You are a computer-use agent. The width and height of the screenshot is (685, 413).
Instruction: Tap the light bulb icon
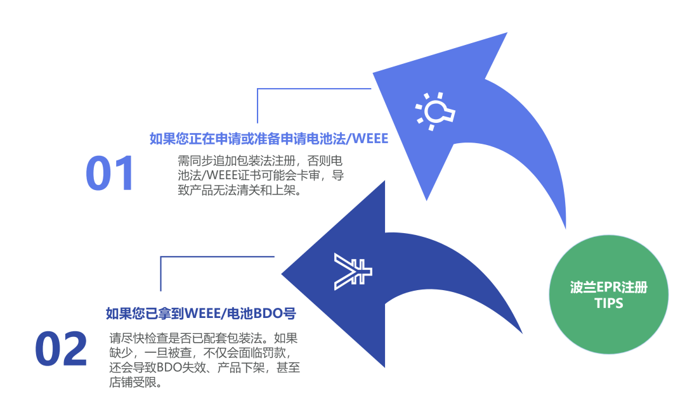pos(435,111)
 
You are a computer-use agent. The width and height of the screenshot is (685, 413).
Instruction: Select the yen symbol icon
pos(353,272)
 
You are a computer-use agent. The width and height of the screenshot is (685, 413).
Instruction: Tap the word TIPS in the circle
pos(608,303)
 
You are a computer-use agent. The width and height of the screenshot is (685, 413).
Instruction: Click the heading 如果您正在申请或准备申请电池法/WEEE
pos(268,138)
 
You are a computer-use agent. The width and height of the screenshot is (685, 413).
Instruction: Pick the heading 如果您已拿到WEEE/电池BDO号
pos(201,313)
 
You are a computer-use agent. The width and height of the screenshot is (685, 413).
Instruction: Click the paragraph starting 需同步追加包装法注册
pos(261,174)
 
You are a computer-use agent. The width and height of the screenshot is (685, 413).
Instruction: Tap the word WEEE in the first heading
pos(372,138)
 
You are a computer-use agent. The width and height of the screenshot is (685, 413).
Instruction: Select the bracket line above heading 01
pos(313,89)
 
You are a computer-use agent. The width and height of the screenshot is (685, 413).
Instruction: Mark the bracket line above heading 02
pos(216,257)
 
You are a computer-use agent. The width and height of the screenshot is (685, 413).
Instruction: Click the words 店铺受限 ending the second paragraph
pos(135,383)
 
